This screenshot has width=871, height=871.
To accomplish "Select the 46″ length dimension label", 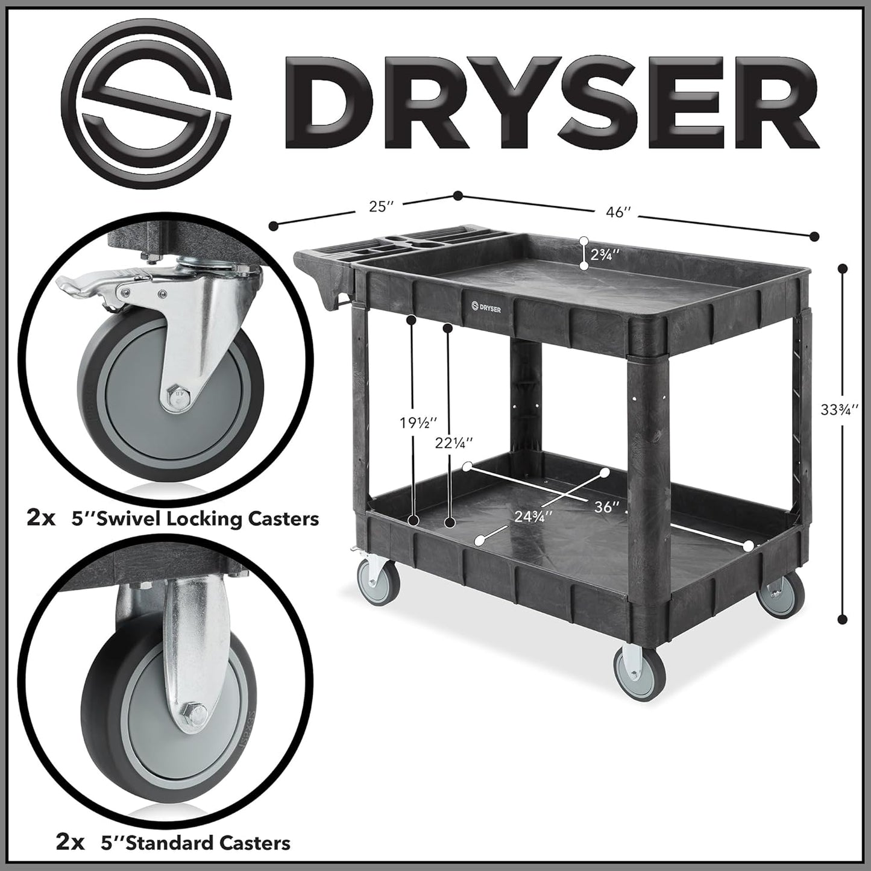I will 618,212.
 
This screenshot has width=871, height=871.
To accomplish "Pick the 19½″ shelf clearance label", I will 417,423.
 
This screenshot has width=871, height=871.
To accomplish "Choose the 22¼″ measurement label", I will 454,442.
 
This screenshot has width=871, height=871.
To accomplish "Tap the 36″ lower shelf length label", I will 607,507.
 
